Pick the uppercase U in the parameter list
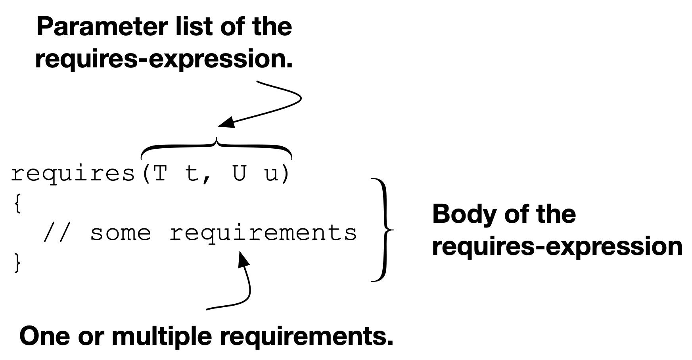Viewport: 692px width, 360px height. click(240, 173)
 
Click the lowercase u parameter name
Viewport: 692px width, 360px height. click(271, 175)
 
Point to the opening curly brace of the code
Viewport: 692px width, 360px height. click(17, 204)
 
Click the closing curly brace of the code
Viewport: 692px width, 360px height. click(17, 262)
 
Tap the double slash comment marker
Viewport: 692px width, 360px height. click(57, 232)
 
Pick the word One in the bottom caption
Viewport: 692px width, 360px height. click(44, 336)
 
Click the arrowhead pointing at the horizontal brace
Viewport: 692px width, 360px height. click(226, 123)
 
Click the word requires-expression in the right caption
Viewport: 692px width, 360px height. click(557, 247)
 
